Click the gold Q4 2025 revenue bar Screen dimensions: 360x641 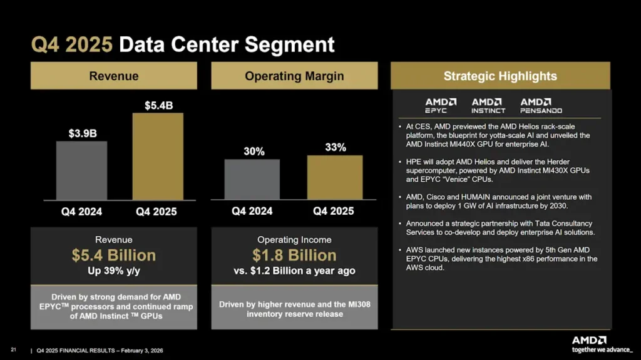[158, 156]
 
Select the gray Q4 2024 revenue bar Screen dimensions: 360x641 [81, 170]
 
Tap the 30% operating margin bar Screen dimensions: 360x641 [252, 179]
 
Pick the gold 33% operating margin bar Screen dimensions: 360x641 [334, 177]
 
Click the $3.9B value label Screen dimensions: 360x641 [81, 133]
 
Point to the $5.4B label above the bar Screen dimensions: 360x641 [158, 105]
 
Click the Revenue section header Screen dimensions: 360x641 [113, 76]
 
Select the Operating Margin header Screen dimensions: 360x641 [294, 76]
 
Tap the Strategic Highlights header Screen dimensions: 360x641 [500, 76]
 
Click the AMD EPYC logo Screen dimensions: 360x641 [441, 105]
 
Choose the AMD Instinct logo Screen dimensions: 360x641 [488, 105]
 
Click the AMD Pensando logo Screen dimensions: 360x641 [541, 105]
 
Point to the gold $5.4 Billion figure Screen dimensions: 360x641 [113, 255]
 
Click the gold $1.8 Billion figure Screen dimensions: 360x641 [294, 255]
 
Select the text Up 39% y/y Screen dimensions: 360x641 [113, 271]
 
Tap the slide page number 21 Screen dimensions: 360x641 [13, 349]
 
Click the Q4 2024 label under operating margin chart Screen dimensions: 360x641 [252, 211]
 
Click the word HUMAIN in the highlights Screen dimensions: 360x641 [466, 197]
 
